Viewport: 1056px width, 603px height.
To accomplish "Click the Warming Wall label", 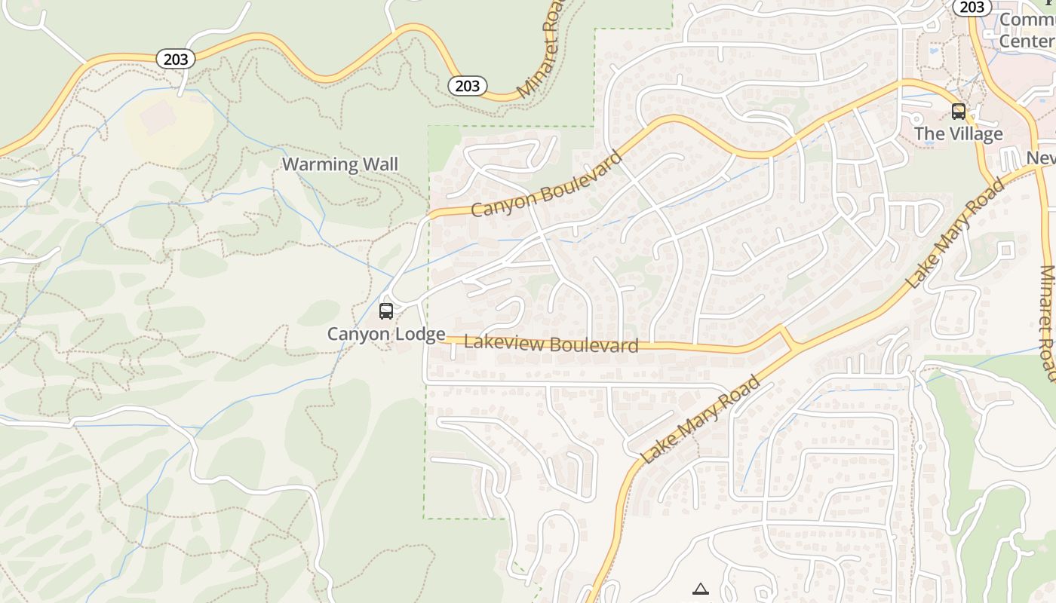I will pos(339,164).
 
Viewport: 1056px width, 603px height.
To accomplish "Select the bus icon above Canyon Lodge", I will pos(386,311).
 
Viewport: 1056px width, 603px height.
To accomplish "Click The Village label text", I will pos(958,134).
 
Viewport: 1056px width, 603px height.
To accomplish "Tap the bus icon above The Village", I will pos(958,112).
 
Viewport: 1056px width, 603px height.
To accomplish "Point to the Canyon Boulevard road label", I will pos(547,184).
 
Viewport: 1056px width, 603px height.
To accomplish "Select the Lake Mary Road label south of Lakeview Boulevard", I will pos(699,419).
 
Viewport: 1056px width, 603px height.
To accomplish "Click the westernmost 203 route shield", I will pos(176,59).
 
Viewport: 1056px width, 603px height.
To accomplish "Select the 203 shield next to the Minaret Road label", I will pos(467,86).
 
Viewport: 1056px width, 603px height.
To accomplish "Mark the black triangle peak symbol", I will pos(701,589).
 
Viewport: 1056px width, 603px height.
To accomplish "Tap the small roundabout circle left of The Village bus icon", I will pos(917,119).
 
